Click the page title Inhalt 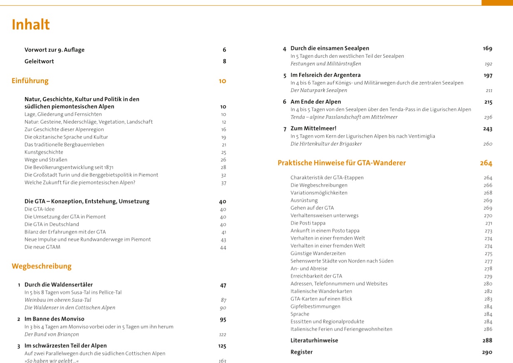tap(31, 25)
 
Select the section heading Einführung tap(30, 81)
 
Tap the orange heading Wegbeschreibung tap(42, 266)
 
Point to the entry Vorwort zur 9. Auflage tap(55, 50)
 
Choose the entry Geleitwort tap(39, 61)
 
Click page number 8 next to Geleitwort tap(224, 61)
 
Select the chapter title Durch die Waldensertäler tap(59, 285)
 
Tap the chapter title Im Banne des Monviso tap(55, 319)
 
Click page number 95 tap(223, 319)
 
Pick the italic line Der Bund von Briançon tap(52, 334)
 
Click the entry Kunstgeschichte tap(44, 152)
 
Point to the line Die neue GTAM tap(42, 247)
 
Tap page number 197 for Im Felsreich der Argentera tap(488, 75)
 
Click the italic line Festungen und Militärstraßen tap(326, 64)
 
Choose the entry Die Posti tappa tap(308, 223)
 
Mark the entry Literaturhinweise tap(314, 340)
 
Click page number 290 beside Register tap(487, 352)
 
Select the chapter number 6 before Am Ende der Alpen tap(285, 102)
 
